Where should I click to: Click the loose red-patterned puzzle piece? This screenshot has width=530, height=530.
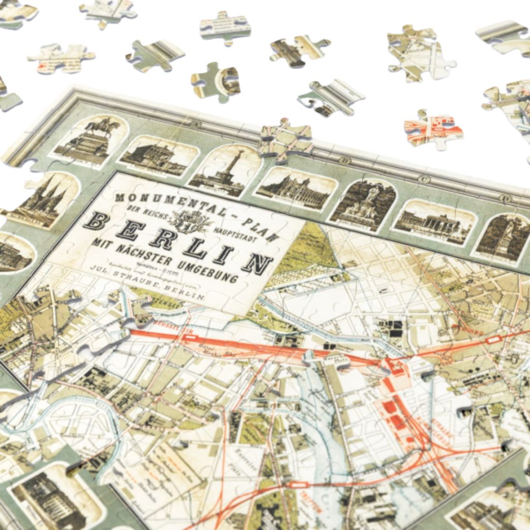coord(433,129)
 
